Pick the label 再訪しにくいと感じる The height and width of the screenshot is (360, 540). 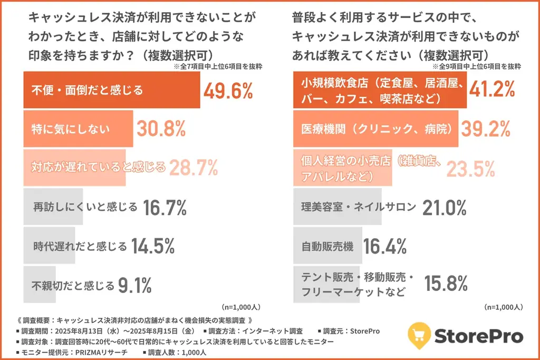click(x=85, y=207)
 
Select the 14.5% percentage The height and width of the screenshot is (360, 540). click(x=153, y=246)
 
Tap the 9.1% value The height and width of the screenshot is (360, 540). click(x=134, y=286)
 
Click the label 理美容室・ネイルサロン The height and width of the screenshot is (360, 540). click(x=359, y=207)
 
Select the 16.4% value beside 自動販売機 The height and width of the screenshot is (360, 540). click(x=385, y=246)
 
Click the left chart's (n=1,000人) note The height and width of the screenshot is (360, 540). click(x=239, y=306)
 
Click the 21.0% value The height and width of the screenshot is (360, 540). click(x=445, y=207)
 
